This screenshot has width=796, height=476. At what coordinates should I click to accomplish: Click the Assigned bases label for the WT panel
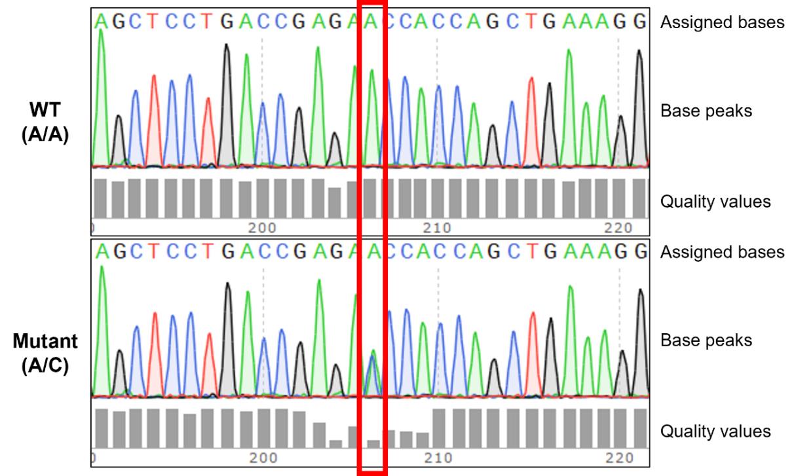[721, 22]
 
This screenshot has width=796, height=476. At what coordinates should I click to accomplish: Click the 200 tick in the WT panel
[263, 228]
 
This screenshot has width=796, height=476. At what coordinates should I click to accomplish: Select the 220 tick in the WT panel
[618, 228]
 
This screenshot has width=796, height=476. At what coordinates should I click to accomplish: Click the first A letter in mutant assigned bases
[100, 251]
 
